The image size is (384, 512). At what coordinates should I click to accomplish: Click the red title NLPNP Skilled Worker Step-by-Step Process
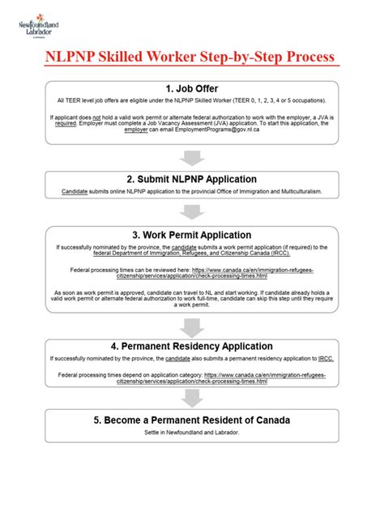pos(191,58)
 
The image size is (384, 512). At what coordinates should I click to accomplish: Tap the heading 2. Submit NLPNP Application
pos(192,179)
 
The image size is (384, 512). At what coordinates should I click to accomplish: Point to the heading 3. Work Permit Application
pos(192,233)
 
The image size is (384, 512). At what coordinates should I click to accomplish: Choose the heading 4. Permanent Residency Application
pos(192,344)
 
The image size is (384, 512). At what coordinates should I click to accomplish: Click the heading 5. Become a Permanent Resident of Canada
pos(192,420)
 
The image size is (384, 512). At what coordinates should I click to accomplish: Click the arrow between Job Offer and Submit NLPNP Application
pos(192,156)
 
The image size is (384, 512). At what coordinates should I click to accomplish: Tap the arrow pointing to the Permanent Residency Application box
pos(192,326)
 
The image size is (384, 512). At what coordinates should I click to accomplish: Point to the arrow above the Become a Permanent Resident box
pos(192,398)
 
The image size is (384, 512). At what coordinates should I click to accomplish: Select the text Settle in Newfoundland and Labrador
pos(192,433)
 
